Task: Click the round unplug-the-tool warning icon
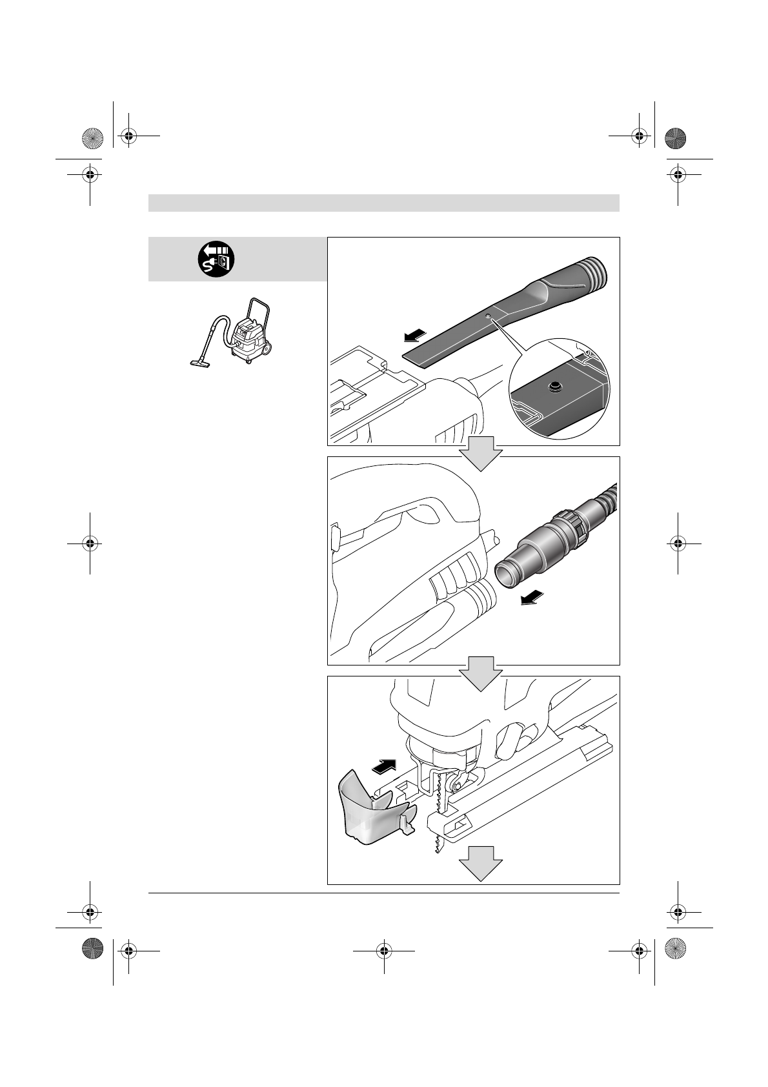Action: (x=216, y=259)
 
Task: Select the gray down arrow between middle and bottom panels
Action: (x=480, y=672)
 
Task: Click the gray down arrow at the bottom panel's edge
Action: (x=480, y=864)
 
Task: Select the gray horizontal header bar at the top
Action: (x=383, y=203)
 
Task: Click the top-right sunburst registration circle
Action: (x=675, y=138)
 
